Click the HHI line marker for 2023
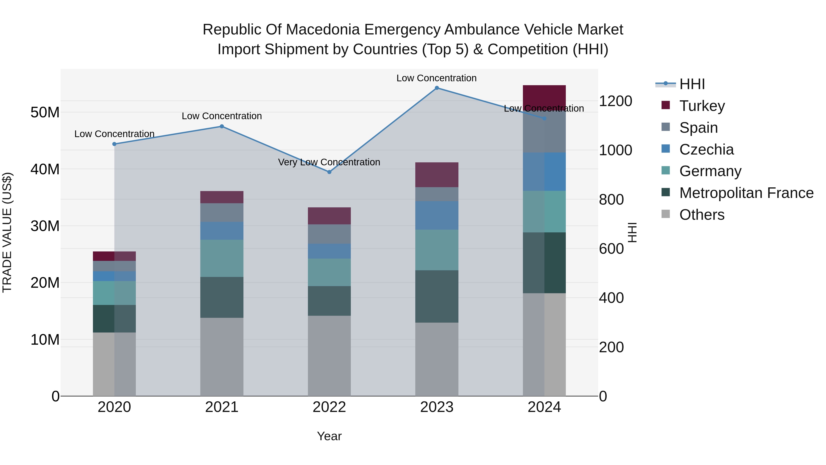pos(437,88)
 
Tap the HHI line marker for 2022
pos(329,172)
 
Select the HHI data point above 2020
pos(114,144)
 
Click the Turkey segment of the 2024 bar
pos(544,96)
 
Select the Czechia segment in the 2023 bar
pos(437,215)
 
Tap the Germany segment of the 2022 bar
pos(329,272)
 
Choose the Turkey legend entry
pos(702,106)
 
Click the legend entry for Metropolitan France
pos(746,193)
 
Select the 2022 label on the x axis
pos(329,407)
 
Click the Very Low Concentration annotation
pos(329,162)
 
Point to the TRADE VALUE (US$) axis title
pos(7,232)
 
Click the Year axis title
pos(329,436)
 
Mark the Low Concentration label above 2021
pos(222,116)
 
